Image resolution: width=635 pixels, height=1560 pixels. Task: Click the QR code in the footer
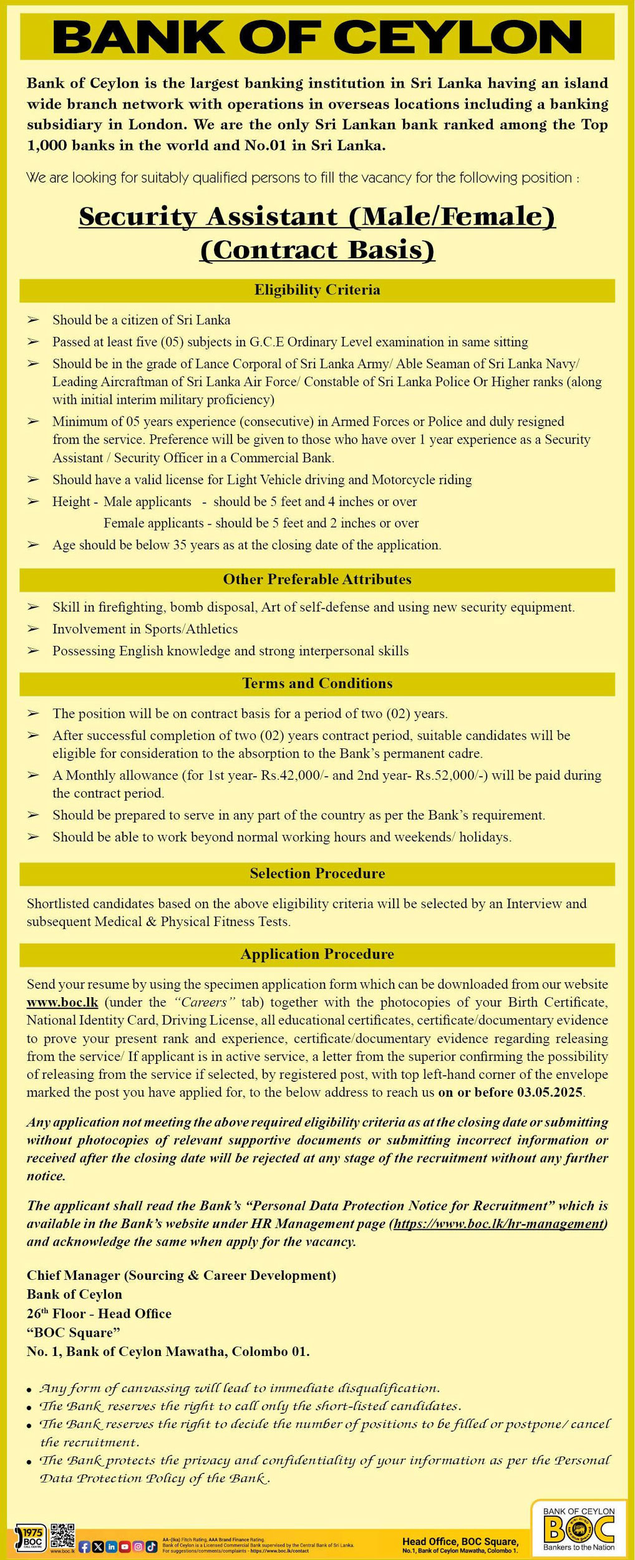pos(62,1536)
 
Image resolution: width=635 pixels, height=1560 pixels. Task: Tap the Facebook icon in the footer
pos(85,1547)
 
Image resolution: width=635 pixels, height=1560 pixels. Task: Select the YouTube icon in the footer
pos(125,1547)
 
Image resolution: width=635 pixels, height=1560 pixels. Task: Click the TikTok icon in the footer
pos(152,1547)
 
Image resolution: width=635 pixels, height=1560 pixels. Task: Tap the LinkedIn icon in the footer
pos(111,1547)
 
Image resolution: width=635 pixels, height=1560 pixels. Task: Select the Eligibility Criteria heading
pos(317,290)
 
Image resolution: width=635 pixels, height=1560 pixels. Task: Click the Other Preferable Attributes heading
pos(317,580)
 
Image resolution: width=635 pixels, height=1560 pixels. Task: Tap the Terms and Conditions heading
pos(317,684)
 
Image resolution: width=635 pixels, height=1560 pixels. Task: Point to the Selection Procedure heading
pos(317,874)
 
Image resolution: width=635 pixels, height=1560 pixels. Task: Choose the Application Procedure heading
pos(317,955)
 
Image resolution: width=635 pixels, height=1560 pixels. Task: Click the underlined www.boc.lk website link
pos(62,1003)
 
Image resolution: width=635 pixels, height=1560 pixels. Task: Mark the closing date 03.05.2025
pos(550,1093)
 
